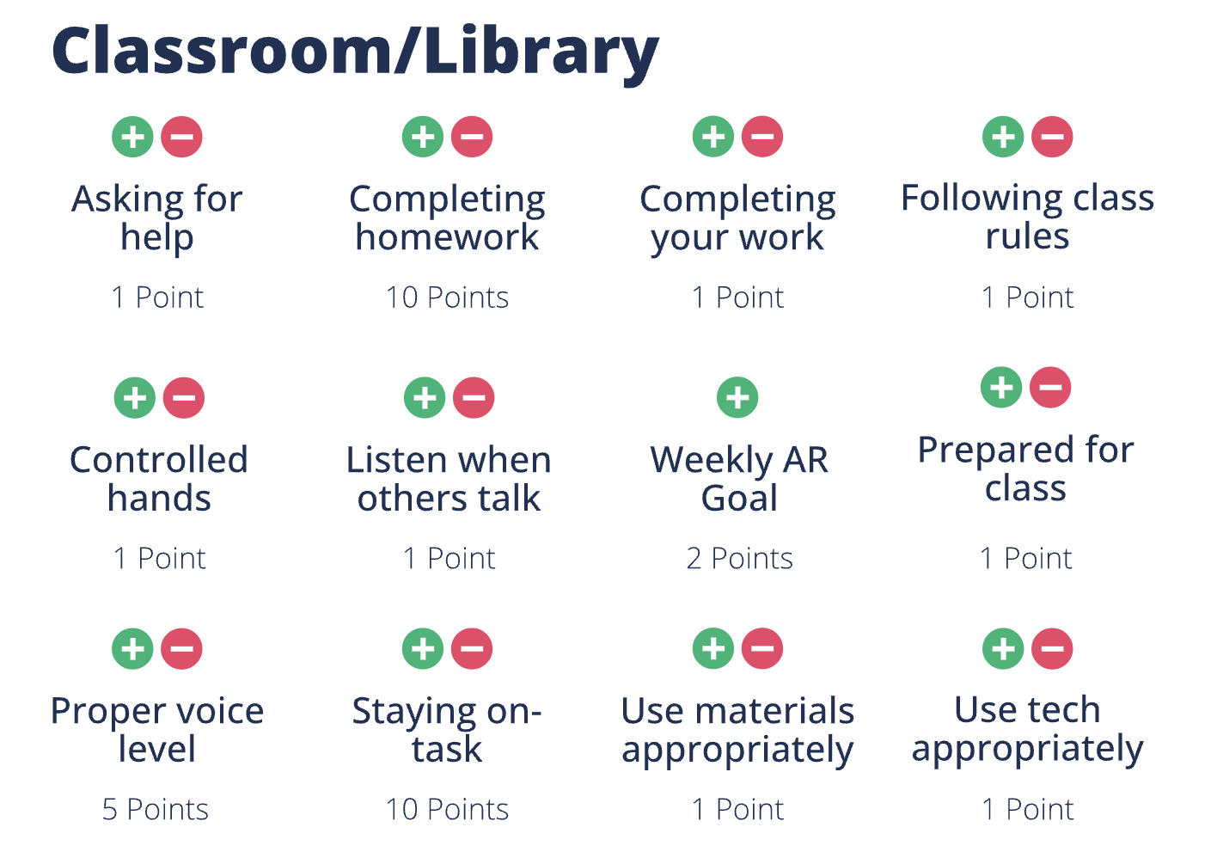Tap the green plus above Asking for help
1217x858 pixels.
point(132,137)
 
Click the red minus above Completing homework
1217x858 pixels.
point(472,137)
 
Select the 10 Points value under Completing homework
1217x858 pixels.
point(447,297)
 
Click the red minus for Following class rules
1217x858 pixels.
point(1052,137)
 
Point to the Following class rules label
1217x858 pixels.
point(1027,217)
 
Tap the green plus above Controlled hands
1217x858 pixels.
point(135,398)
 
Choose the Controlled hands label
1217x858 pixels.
point(159,479)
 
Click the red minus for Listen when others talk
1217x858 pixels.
point(474,398)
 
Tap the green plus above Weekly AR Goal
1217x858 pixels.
point(737,398)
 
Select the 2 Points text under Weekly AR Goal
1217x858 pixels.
point(739,559)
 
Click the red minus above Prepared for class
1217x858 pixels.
point(1050,388)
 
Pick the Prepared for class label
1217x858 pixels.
point(1025,469)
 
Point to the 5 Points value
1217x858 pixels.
point(156,810)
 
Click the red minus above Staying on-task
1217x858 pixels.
point(472,649)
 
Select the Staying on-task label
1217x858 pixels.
point(447,730)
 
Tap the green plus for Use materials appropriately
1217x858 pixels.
point(713,649)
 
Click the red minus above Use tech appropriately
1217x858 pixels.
point(1052,649)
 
